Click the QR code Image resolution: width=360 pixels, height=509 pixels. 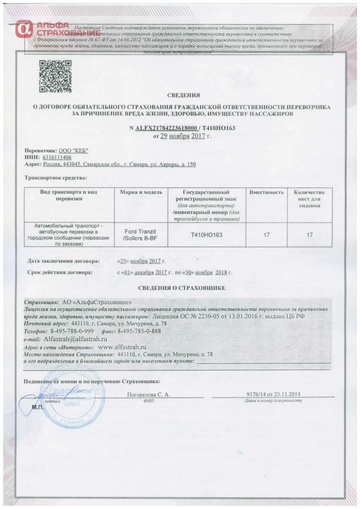56,76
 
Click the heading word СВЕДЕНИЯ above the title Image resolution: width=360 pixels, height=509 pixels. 183,95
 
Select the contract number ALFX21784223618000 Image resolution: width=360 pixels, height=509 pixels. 166,128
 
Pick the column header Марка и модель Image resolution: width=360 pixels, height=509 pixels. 141,192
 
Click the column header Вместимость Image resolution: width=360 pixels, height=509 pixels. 266,192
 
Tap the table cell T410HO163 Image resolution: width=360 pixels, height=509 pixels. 207,235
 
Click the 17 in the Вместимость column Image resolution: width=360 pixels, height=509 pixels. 266,235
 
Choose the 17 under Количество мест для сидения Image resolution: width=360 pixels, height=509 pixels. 310,235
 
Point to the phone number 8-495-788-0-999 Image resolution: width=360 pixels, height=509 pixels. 72,331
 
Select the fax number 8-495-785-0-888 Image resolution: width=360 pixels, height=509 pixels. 139,331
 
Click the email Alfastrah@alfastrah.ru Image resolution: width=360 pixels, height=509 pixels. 75,339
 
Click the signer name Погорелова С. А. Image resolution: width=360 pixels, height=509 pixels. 148,395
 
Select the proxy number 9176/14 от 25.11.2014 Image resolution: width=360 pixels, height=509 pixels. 273,394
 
